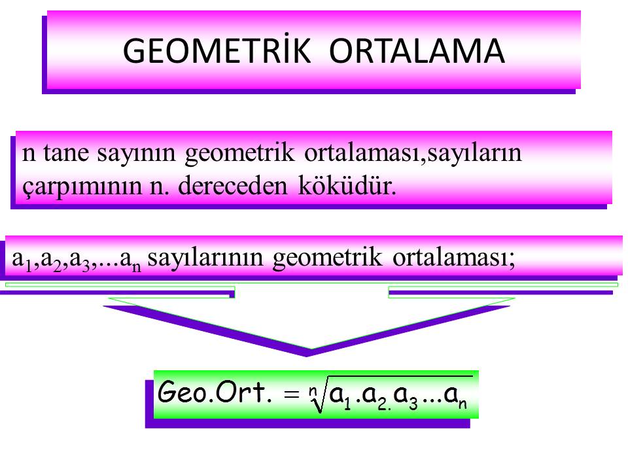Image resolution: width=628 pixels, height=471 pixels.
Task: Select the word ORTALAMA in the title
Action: (x=417, y=51)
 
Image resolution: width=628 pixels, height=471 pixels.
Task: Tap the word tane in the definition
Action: (x=66, y=152)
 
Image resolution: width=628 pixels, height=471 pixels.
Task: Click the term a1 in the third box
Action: (x=22, y=260)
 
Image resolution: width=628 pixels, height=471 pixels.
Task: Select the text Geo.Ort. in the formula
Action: (x=215, y=392)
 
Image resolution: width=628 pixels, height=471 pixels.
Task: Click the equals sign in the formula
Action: (x=292, y=394)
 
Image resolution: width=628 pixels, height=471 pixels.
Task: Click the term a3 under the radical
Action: (x=406, y=397)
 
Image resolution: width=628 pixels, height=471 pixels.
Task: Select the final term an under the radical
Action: (x=456, y=397)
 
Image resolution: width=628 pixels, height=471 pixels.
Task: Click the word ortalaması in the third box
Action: (x=453, y=258)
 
